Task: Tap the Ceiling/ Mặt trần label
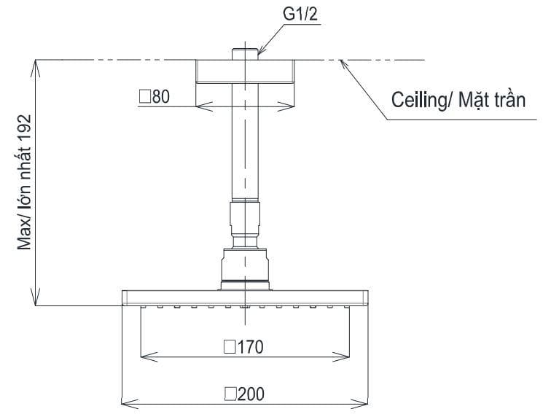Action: coord(458,101)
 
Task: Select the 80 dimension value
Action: coord(160,96)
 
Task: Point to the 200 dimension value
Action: coord(249,394)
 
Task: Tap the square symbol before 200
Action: coord(230,394)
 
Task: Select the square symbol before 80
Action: coord(144,96)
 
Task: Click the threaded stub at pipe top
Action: coord(246,54)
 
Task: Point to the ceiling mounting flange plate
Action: coord(246,71)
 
